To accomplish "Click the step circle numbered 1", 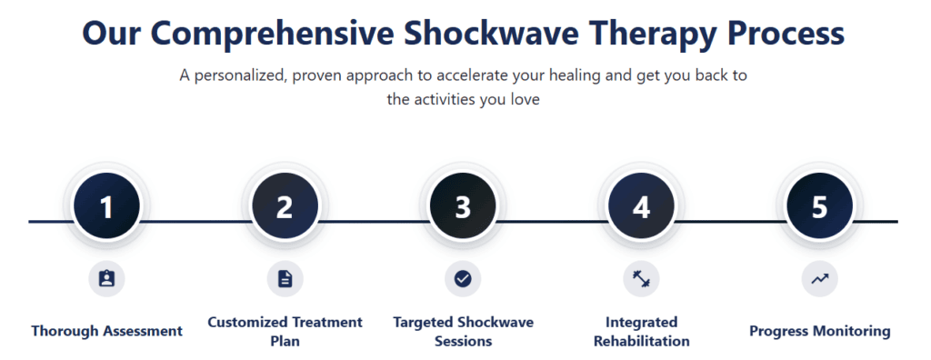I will [106, 207].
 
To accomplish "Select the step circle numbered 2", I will [285, 207].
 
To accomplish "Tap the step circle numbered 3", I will [463, 207].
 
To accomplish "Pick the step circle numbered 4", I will [641, 207].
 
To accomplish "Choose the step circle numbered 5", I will [819, 207].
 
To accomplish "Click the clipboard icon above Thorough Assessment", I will [106, 278].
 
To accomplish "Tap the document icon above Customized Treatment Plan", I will [285, 278].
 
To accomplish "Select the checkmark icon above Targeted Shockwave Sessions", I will [463, 278].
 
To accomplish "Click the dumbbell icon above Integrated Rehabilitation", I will [641, 278].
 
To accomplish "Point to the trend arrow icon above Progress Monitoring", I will [819, 278].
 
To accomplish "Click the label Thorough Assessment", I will [106, 331].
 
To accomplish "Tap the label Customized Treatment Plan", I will [285, 331].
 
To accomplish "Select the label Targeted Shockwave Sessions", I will [463, 331].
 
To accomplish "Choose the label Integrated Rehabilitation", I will [641, 331].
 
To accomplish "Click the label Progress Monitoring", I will [819, 331].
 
